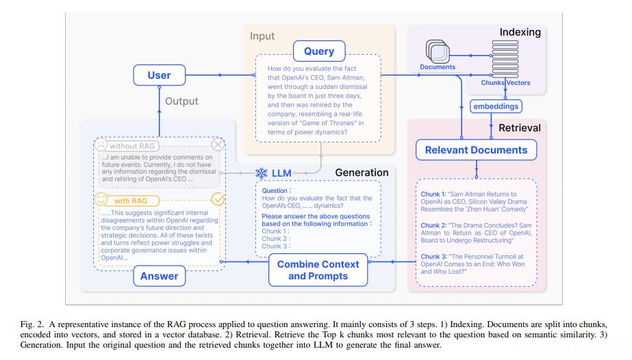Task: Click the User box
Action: coord(159,75)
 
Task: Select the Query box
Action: coord(319,51)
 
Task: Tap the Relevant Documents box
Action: coord(476,150)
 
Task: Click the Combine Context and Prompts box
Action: coord(318,270)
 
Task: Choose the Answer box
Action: coord(160,277)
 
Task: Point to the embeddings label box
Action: coord(496,106)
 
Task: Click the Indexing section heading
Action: coord(520,32)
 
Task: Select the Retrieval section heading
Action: coord(519,128)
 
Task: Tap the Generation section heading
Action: coord(362,172)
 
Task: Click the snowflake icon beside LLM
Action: coord(262,173)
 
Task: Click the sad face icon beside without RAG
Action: coord(101,146)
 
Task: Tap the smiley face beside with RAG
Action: coord(101,201)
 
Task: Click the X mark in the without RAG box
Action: coord(218,145)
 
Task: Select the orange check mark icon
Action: coord(218,199)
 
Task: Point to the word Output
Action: coord(182,101)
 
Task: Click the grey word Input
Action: coord(262,36)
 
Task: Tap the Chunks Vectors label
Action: coord(505,83)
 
